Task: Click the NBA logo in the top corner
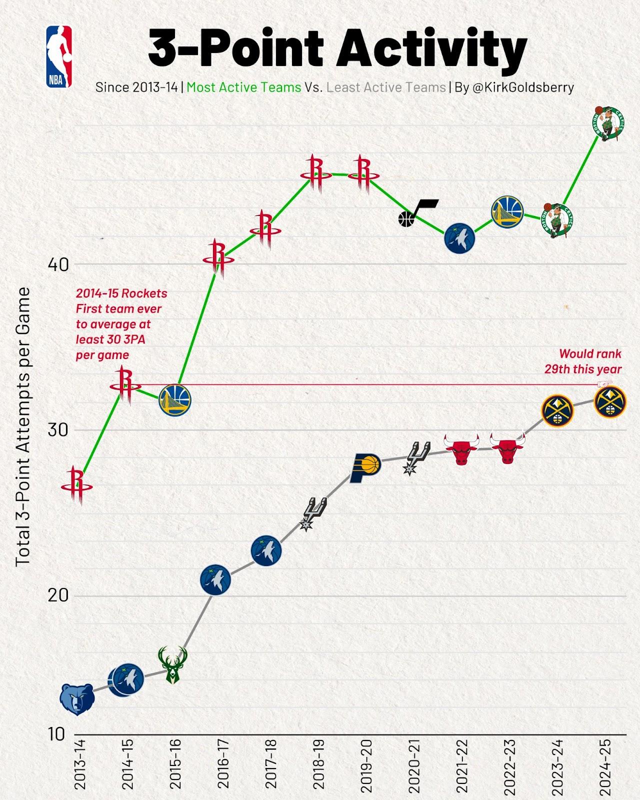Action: coord(59,57)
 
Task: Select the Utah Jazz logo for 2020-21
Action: coord(417,212)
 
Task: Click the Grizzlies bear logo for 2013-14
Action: coord(77,699)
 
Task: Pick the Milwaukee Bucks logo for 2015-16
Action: coord(172,664)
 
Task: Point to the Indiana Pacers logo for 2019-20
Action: coord(365,467)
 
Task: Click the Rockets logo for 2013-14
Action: coord(77,485)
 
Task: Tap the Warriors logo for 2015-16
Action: coord(175,400)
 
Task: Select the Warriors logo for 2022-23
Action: coord(507,212)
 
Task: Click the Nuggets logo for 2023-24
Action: coord(557,410)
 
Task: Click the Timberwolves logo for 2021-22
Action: coord(459,239)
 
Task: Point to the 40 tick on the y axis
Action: coord(58,264)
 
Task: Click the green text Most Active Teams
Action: coord(243,87)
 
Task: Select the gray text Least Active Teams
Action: coord(386,87)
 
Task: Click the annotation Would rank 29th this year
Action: coord(583,361)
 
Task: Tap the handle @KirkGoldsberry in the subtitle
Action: coord(523,87)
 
